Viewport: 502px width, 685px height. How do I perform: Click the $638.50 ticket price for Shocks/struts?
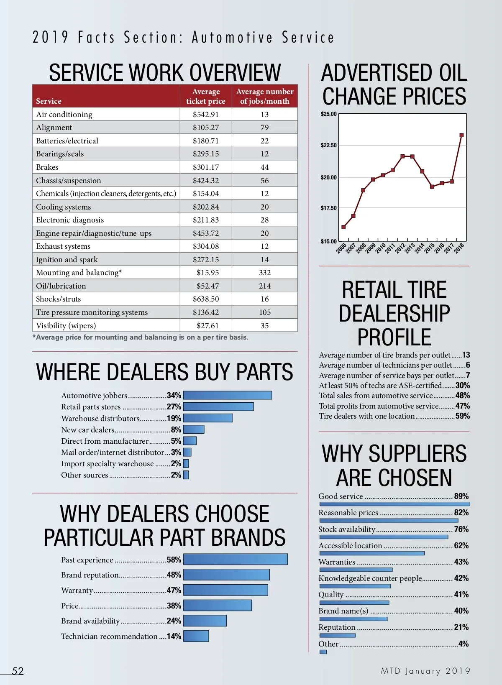coord(206,299)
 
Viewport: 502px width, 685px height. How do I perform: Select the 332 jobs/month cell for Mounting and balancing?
coord(265,273)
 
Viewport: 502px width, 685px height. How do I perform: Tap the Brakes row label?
coord(47,167)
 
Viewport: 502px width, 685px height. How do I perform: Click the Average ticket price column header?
coord(206,96)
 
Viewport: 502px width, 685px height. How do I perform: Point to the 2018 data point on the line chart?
coord(461,135)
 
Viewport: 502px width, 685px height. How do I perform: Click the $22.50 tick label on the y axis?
coord(328,146)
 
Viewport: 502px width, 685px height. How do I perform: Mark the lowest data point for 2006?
coord(343,227)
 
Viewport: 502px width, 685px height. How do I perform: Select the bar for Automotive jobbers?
coord(228,395)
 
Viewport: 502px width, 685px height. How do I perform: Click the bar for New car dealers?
coord(194,429)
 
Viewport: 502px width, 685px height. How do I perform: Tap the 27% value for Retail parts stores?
coord(174,407)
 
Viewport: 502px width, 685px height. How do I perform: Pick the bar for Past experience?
coord(236,560)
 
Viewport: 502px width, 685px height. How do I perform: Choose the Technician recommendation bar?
coord(196,636)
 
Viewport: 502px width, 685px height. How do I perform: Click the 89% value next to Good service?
coord(461,496)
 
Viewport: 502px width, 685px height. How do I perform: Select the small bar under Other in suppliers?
coord(323,652)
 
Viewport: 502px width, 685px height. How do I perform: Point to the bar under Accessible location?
coord(372,553)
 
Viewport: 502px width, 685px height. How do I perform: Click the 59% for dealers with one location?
coord(463,416)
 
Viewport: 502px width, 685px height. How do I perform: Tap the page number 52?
coord(18,671)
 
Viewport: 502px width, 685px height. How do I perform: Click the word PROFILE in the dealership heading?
coord(394,337)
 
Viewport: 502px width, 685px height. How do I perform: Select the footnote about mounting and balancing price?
coord(140,337)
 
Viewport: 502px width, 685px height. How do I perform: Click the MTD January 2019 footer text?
coord(425,671)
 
